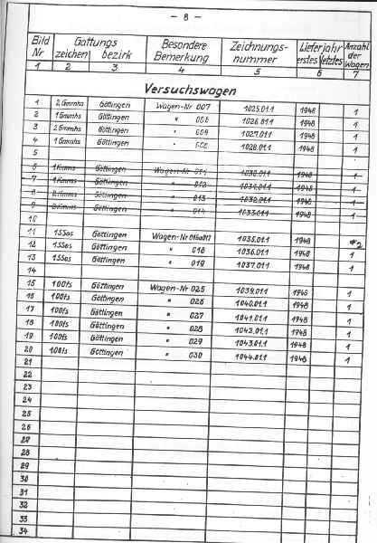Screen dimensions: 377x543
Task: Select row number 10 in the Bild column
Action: [35, 219]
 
